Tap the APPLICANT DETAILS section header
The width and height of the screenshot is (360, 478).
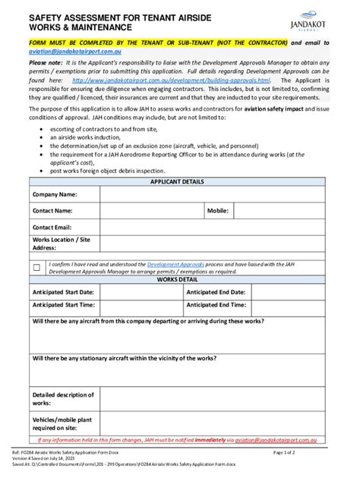(177, 182)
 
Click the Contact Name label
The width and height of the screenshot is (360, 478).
(52, 210)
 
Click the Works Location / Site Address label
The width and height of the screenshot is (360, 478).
(61, 244)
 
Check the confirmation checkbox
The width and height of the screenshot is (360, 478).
(36, 266)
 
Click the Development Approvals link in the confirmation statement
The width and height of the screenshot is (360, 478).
(174, 263)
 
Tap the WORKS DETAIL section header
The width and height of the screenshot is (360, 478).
(177, 279)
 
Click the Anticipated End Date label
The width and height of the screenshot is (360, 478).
(216, 291)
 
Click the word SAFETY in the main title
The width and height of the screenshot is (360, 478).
(47, 14)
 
